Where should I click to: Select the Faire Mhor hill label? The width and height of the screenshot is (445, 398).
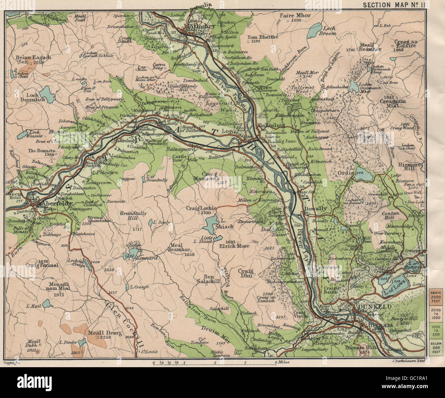[295, 16]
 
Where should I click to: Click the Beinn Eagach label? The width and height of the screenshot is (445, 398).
[33, 57]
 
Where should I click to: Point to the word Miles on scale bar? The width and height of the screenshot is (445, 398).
[282, 362]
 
